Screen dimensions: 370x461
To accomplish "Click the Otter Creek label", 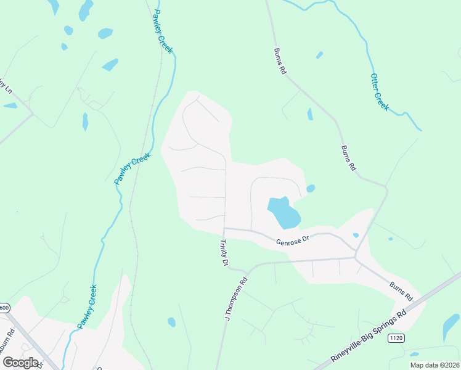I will (380, 92).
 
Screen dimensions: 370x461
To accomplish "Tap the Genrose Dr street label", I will (292, 242).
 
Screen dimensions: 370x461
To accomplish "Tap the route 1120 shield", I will (395, 339).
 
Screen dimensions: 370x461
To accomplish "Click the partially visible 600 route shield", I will (4, 307).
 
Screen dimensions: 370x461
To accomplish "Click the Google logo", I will (21, 363).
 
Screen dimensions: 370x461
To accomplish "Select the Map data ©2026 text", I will (434, 365).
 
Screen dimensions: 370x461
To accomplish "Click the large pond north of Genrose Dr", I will (284, 212).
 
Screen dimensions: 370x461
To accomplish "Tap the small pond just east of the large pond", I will (311, 188).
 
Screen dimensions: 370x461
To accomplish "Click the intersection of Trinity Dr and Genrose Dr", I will (224, 228).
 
